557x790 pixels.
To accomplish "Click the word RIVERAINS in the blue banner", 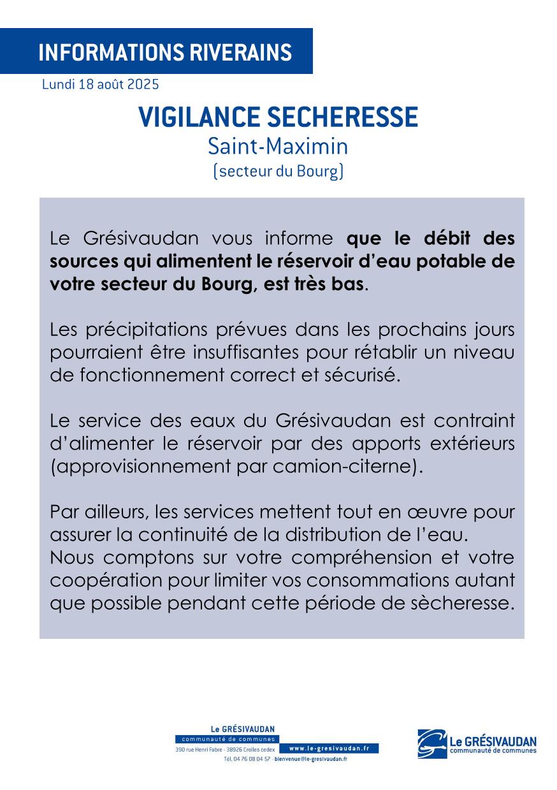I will (x=240, y=52).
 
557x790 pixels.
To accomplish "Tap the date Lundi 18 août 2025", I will (x=100, y=84).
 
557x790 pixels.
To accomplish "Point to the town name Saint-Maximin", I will (x=278, y=147).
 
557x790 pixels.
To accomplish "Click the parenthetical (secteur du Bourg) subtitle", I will (x=278, y=172).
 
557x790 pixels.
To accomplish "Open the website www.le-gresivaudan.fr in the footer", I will (x=329, y=749).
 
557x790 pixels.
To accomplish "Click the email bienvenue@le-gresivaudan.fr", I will (x=310, y=759).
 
